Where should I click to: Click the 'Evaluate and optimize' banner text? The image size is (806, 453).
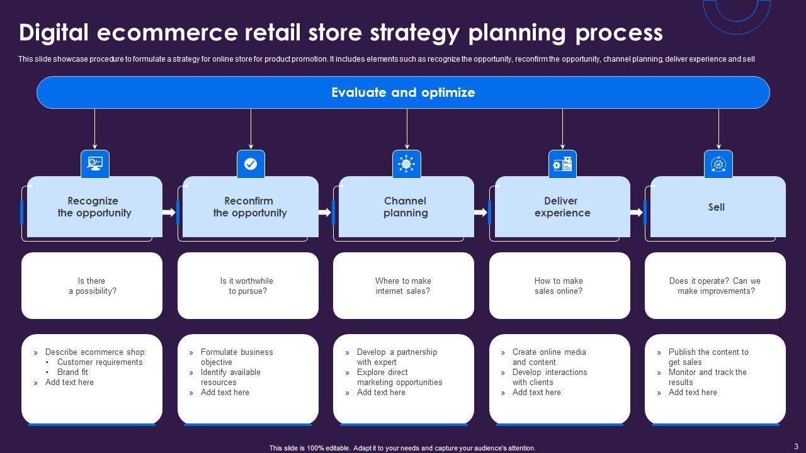click(x=403, y=92)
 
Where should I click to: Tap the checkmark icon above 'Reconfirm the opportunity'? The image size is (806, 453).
click(x=251, y=164)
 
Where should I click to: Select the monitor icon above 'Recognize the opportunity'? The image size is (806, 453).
click(x=95, y=164)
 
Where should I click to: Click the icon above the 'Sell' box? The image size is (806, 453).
click(x=718, y=164)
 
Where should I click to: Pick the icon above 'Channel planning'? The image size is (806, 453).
click(x=406, y=164)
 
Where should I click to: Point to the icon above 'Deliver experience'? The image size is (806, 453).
click(x=562, y=164)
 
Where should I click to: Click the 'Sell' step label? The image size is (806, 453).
click(x=717, y=207)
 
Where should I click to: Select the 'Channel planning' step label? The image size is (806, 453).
click(x=406, y=207)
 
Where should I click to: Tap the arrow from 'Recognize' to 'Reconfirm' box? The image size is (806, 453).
click(x=169, y=213)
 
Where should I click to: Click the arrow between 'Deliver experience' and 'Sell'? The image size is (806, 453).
click(x=636, y=213)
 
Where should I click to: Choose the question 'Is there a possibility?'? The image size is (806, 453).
click(x=92, y=286)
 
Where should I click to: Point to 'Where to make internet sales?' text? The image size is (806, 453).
click(x=403, y=286)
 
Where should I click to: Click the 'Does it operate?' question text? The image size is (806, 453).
click(x=715, y=286)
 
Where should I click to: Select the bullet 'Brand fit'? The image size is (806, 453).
click(x=72, y=372)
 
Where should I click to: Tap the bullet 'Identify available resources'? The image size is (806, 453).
click(x=230, y=377)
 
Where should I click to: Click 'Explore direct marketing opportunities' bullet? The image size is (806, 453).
click(x=399, y=377)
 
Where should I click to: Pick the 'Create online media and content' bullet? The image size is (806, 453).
click(x=548, y=357)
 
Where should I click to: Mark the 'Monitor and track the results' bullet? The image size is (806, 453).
click(x=707, y=377)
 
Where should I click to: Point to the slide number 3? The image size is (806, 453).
click(x=796, y=446)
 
